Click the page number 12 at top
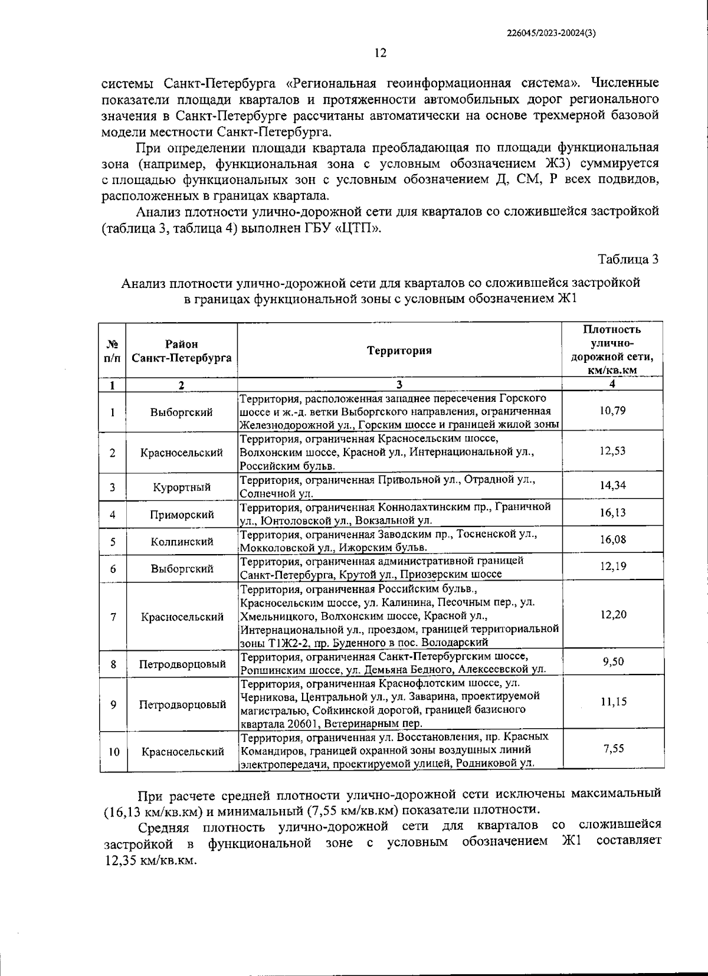click(380, 53)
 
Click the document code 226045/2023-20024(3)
click(551, 34)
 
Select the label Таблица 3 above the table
click(628, 259)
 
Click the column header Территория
click(399, 351)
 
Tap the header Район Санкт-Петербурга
click(181, 351)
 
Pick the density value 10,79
click(612, 410)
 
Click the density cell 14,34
click(612, 485)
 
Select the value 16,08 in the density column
click(612, 539)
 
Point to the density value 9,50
click(613, 661)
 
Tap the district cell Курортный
click(181, 487)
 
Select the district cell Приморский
click(181, 515)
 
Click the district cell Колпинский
click(181, 542)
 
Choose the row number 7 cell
click(112, 617)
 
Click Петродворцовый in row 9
click(182, 705)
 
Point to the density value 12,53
click(612, 451)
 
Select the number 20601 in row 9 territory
click(305, 723)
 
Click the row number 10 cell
click(113, 752)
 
